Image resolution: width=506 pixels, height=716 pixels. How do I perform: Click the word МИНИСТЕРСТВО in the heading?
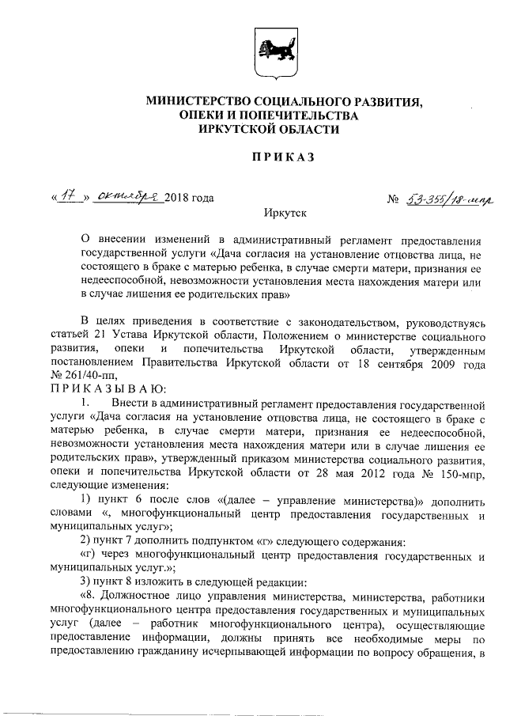point(193,102)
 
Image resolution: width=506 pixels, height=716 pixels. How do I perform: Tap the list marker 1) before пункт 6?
point(89,500)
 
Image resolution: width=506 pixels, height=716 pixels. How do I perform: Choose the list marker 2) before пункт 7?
point(89,541)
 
